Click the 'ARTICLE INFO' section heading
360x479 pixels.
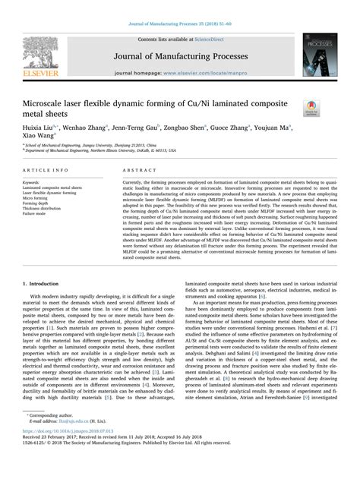[55, 172]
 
